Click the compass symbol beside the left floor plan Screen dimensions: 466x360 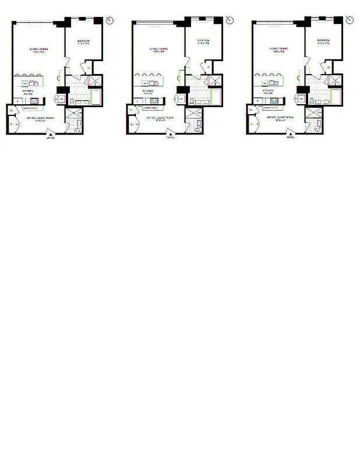point(110,20)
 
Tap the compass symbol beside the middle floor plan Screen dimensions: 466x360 point(230,20)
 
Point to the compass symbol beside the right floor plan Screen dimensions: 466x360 point(350,20)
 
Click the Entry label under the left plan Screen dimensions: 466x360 point(51,138)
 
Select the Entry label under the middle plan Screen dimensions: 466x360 point(170,138)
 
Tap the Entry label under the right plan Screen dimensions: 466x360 point(290,138)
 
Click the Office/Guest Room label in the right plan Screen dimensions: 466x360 point(280,118)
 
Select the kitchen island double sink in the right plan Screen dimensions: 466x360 point(271,83)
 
